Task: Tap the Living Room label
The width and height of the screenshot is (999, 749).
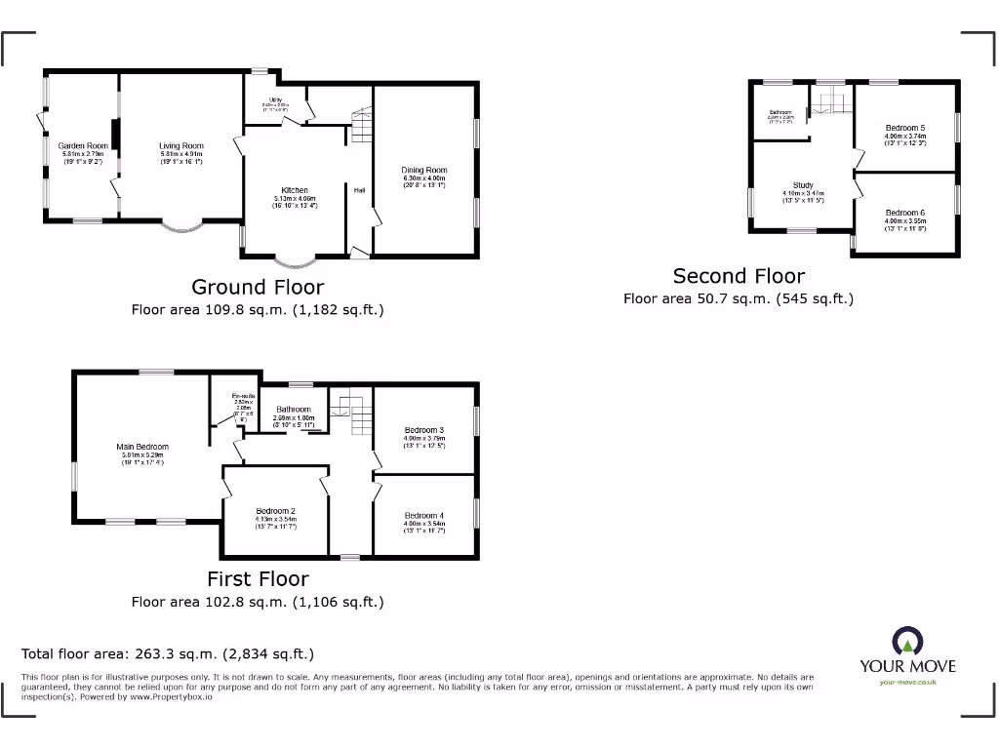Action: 181,146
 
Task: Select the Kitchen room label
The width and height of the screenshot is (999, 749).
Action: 295,190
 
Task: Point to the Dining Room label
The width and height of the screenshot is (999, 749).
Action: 424,171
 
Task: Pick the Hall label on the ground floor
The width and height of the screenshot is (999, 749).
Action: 359,190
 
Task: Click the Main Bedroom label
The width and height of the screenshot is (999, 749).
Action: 145,447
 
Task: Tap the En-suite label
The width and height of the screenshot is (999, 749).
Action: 242,396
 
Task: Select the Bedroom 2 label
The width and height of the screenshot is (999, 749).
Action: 276,511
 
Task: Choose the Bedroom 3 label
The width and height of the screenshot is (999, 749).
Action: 424,430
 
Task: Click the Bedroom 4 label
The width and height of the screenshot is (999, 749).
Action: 424,515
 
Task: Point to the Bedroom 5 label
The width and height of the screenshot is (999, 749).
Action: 905,128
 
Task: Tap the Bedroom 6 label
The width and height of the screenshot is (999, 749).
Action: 905,213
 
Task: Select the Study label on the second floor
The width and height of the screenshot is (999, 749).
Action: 803,185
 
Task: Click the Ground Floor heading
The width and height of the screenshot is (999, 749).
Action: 258,287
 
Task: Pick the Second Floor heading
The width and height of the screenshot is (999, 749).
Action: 739,276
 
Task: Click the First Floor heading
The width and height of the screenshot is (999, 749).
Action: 258,579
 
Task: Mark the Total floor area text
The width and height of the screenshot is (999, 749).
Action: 168,654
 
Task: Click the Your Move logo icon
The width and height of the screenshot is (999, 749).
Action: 907,642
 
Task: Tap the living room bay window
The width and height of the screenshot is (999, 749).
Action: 182,226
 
